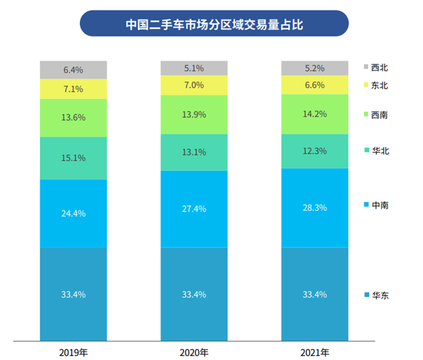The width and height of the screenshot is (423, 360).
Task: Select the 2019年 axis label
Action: point(74,352)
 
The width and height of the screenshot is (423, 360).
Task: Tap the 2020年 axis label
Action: point(194,352)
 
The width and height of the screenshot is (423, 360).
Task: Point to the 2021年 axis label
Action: point(314,352)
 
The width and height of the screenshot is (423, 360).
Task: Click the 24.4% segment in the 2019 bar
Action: point(74,213)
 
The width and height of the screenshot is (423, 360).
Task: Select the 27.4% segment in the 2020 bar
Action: point(194,208)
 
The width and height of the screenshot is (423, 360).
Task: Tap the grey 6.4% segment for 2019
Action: point(74,70)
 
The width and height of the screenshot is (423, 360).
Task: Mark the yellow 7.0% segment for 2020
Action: point(194,85)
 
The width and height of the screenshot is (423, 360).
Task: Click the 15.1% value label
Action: point(74,158)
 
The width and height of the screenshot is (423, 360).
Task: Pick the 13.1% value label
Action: point(194,152)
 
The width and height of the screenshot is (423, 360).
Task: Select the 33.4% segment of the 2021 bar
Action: point(314,294)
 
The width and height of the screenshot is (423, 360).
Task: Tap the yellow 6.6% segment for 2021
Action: point(314,85)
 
